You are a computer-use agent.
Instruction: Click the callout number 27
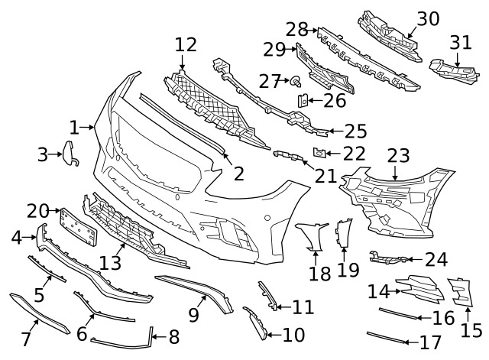(x=270, y=81)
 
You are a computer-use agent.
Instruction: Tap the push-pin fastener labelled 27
(x=296, y=82)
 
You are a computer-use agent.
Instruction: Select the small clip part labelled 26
(x=303, y=100)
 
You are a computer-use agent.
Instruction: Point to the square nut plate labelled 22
(x=319, y=153)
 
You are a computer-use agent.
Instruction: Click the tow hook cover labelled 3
(x=70, y=153)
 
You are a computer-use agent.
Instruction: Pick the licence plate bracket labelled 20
(x=78, y=227)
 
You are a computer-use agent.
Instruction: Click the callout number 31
(x=461, y=43)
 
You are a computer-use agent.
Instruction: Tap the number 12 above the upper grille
(x=186, y=44)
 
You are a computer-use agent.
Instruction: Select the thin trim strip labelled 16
(x=398, y=313)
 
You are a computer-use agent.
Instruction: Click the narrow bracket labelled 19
(x=343, y=233)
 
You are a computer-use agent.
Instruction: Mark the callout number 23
(x=398, y=156)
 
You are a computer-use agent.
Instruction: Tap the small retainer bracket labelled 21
(x=290, y=155)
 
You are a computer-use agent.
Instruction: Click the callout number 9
(x=193, y=315)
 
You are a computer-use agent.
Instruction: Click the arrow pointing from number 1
(x=86, y=127)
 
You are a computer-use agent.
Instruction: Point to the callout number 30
(x=428, y=18)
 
